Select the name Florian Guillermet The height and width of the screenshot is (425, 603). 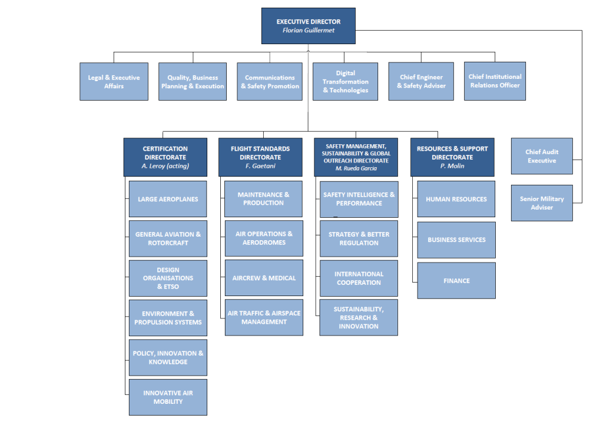[309, 31]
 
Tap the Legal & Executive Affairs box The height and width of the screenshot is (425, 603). [114, 82]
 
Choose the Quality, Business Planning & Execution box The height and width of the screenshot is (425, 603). [193, 82]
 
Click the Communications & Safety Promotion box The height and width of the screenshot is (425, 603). [270, 82]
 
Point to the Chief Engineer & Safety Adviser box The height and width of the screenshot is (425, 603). [421, 82]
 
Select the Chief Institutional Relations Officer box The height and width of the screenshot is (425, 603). [495, 81]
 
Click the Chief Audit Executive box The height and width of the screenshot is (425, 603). [542, 156]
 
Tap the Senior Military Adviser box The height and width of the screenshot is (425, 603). [542, 203]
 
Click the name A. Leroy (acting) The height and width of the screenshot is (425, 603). [165, 166]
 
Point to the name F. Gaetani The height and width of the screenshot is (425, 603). [260, 166]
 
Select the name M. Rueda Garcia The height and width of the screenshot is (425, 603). [356, 168]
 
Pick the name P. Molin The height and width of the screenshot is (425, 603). [452, 166]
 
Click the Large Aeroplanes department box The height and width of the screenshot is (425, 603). [168, 199]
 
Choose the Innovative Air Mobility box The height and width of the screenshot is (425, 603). [168, 397]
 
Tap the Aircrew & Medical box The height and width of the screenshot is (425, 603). [264, 278]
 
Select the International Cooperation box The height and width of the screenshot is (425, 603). [359, 278]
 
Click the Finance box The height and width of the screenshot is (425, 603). [456, 281]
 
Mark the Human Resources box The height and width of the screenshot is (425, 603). [456, 199]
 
